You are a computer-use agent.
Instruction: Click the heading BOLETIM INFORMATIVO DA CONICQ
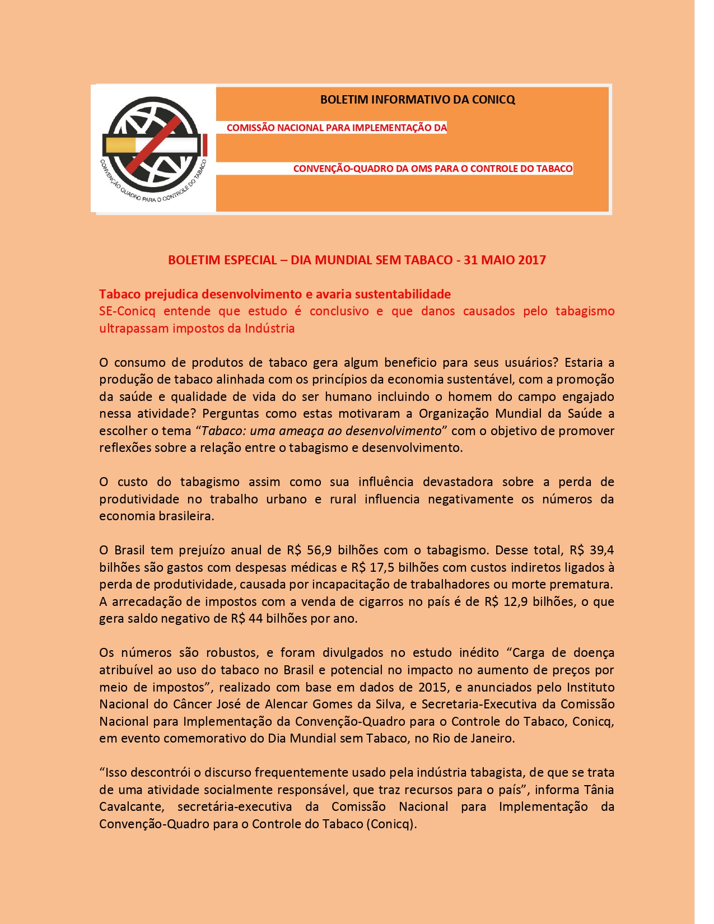point(417,100)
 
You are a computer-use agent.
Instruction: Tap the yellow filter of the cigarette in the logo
point(120,145)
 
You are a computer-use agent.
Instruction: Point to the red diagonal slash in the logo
point(153,144)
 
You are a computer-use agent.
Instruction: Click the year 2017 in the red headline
point(531,260)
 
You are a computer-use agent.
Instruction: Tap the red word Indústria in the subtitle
point(269,328)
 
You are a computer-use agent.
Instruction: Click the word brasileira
point(185,516)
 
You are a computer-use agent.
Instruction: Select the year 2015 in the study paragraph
point(432,687)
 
